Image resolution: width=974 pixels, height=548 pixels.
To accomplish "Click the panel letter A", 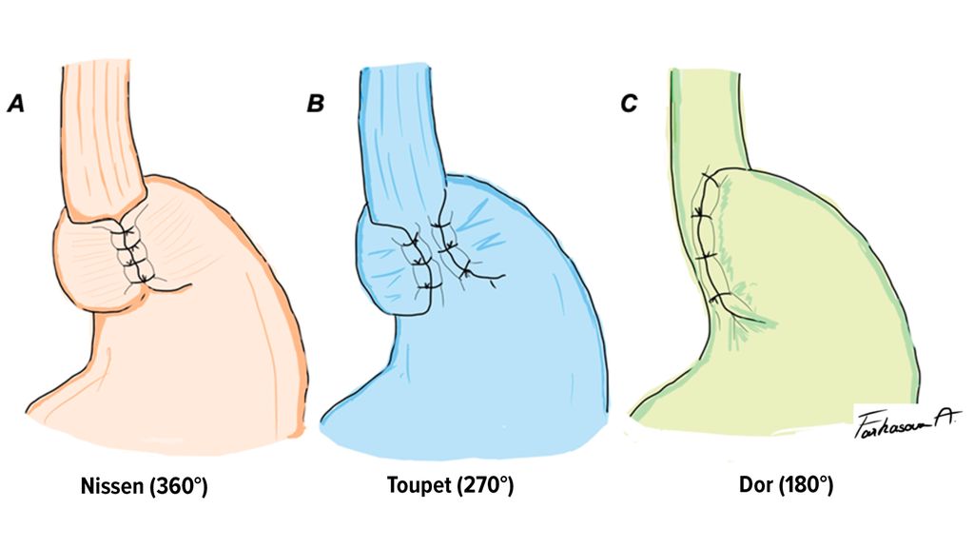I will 15,104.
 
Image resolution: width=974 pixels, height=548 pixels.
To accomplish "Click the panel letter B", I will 315,104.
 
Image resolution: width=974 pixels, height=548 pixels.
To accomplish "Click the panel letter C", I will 628,104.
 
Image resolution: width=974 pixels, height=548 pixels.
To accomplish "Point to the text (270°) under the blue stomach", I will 485,487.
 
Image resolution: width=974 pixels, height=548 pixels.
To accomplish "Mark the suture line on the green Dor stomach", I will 705,238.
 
